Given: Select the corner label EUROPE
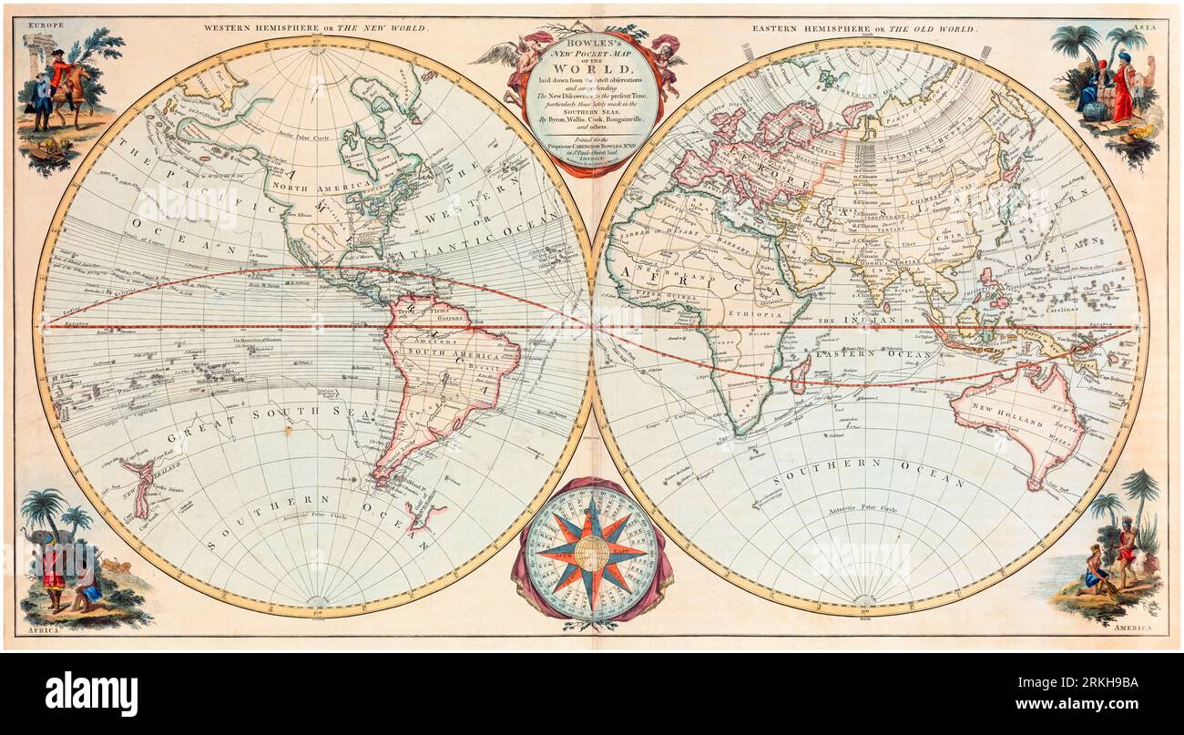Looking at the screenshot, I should point(46,26).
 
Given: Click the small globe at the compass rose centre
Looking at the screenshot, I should point(592,552).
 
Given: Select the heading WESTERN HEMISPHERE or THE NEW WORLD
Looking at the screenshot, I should point(315,28).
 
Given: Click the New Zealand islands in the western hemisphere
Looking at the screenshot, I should point(139,487).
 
